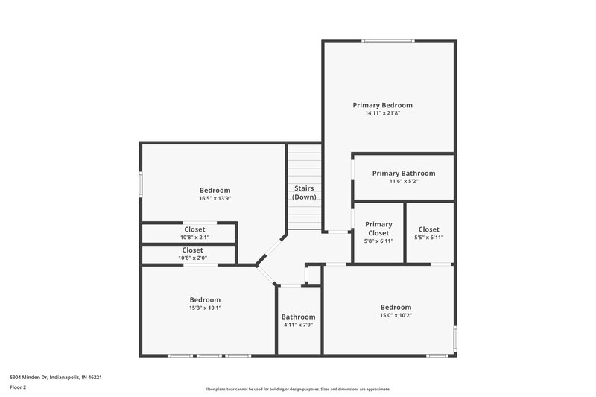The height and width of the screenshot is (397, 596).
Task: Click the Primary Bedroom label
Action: pos(382,105)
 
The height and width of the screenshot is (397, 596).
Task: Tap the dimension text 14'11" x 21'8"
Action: pos(382,113)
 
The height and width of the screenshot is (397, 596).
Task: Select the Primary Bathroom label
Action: pos(403,173)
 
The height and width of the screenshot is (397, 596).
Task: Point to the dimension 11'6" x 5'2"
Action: pos(403,181)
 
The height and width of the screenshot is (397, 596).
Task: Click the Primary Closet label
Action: pos(378,229)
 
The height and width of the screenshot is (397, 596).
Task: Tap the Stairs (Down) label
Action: pos(304,192)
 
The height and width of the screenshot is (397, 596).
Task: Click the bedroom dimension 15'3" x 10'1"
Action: pos(205,308)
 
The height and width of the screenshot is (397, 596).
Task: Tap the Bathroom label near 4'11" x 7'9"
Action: pos(298,317)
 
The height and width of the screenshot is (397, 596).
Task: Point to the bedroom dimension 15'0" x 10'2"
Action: pos(396,315)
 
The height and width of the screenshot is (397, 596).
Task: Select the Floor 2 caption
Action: pos(18,388)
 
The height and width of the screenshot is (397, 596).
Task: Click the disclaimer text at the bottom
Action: pos(297,389)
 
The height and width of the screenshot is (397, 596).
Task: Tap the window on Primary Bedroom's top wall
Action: pos(388,41)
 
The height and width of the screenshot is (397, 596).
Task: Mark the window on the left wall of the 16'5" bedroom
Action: pos(141,185)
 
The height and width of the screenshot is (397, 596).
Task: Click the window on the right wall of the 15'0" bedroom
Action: pos(454,337)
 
